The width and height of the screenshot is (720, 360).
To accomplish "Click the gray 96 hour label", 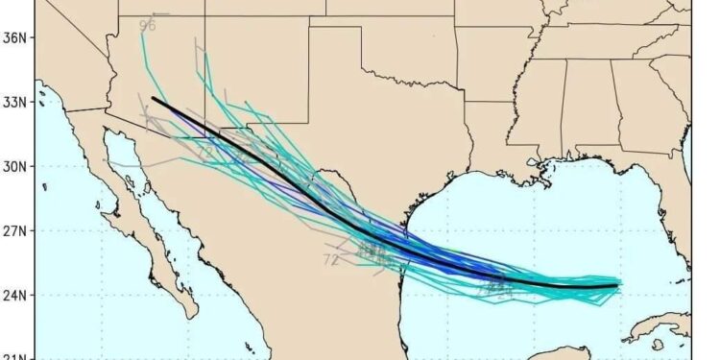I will (x=147, y=25).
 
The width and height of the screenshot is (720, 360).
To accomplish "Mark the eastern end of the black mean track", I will (x=617, y=284).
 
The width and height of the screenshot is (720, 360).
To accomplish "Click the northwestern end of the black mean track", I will (x=154, y=98).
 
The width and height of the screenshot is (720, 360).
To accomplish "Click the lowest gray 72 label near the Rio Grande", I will (x=331, y=259).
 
